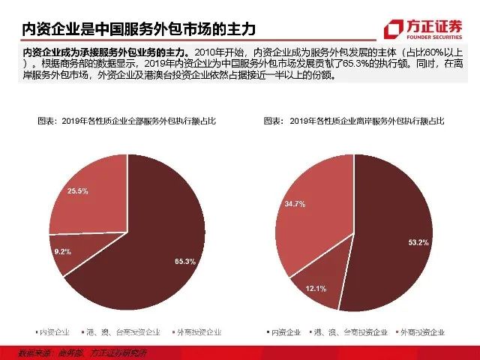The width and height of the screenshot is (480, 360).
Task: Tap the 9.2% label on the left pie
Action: [x=61, y=251]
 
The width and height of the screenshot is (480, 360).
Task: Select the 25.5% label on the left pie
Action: [x=78, y=191]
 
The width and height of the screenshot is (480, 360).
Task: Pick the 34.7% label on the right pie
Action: [x=294, y=204]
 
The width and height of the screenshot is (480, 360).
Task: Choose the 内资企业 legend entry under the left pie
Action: [x=53, y=331]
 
